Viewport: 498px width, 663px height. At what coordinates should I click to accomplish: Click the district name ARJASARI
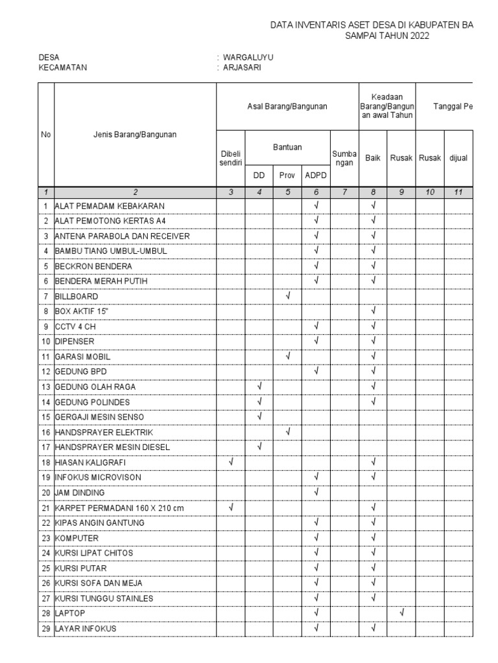click(244, 67)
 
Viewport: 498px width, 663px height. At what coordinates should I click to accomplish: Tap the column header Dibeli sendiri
click(230, 157)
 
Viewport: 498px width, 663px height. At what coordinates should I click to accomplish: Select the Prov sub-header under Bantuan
click(287, 175)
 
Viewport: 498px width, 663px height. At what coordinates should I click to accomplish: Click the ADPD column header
click(316, 175)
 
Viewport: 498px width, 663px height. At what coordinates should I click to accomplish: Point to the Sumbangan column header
click(344, 157)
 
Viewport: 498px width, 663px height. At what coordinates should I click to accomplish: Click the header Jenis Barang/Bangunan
click(134, 135)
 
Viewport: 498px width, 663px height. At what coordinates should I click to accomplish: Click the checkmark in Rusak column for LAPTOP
click(401, 612)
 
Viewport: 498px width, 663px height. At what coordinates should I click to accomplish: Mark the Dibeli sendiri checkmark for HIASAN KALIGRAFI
click(230, 462)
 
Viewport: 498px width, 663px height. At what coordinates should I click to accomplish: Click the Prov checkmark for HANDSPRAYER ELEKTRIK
click(287, 431)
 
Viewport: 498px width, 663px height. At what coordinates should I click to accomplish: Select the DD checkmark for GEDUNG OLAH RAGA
click(259, 387)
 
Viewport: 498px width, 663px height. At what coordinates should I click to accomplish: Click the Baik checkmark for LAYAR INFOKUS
click(373, 627)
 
